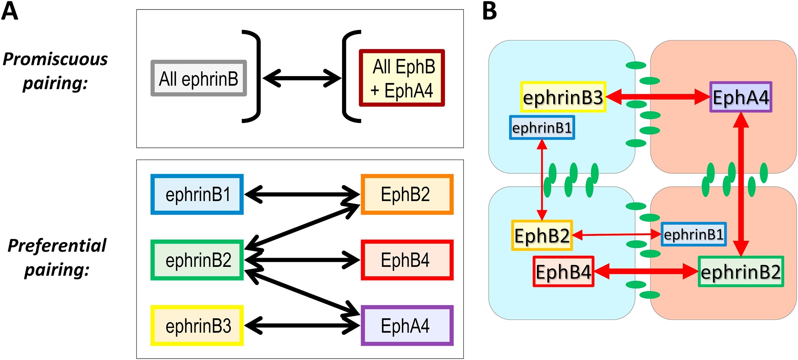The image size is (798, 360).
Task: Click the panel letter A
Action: [10, 11]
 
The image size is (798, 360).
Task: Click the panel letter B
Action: [490, 11]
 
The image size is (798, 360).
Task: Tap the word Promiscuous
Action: [55, 59]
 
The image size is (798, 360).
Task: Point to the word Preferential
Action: [57, 246]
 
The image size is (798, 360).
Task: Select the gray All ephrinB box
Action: [199, 78]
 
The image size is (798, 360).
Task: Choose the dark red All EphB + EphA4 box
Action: [402, 78]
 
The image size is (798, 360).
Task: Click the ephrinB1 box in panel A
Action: [197, 194]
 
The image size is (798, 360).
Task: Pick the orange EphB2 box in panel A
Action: [407, 194]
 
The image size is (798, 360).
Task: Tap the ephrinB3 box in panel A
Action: [197, 325]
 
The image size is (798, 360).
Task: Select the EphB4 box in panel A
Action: [407, 260]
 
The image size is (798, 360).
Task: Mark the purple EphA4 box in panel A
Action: [407, 325]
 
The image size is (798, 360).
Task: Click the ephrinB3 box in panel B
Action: [563, 97]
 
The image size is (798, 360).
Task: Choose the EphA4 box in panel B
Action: [741, 97]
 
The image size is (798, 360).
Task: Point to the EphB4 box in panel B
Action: [563, 271]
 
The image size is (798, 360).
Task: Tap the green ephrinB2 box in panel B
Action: [741, 271]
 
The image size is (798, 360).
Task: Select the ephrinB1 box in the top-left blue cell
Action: [542, 128]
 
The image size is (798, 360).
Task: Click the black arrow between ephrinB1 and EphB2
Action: [302, 194]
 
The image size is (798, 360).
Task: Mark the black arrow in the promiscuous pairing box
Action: [302, 78]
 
